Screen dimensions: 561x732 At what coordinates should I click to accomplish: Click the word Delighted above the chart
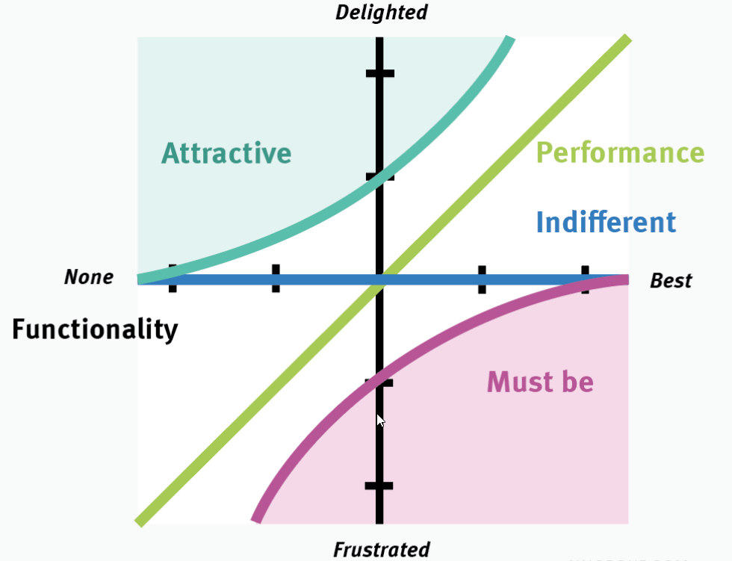(x=382, y=12)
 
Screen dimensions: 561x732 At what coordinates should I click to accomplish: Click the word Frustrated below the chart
(x=382, y=550)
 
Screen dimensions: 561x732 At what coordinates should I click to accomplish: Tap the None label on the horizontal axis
(x=89, y=277)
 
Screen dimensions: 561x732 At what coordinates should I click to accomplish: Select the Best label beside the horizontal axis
(x=671, y=281)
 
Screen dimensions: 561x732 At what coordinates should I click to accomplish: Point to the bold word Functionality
(x=95, y=329)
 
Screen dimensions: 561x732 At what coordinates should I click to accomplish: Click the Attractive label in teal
(x=226, y=153)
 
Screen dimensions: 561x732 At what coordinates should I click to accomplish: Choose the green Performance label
(x=620, y=152)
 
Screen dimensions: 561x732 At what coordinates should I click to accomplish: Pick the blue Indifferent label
(x=606, y=222)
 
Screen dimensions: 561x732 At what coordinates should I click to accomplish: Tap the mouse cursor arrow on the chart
(x=380, y=420)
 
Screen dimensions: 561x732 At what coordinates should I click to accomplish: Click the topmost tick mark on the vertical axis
(x=379, y=73)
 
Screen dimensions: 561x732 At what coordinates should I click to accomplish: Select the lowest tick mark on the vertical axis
(x=379, y=486)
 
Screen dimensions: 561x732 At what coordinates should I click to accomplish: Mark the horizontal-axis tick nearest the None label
(x=173, y=278)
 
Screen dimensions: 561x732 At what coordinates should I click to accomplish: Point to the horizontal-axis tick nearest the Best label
(x=585, y=279)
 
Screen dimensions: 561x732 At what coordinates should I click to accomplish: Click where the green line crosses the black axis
(x=379, y=280)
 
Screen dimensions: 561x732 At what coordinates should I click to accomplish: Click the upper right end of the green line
(x=626, y=40)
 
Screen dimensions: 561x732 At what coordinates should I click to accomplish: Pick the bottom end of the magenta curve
(x=257, y=517)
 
